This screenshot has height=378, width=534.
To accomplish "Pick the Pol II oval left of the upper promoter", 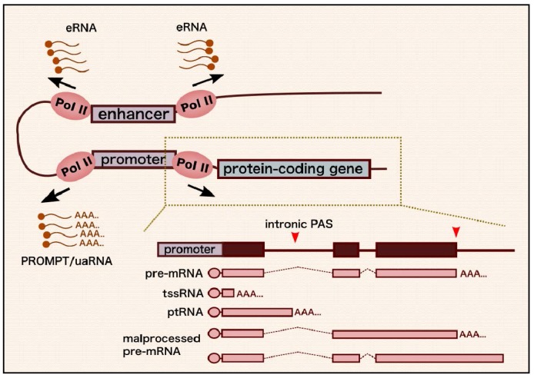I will (74, 166).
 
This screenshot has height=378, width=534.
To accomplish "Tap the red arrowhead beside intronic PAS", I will (295, 239).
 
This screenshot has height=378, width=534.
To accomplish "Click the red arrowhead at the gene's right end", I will (457, 232).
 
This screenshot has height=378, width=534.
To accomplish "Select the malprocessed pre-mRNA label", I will (164, 344).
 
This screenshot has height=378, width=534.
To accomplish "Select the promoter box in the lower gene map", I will (190, 249).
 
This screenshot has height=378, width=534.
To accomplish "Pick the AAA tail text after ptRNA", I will (308, 313).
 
